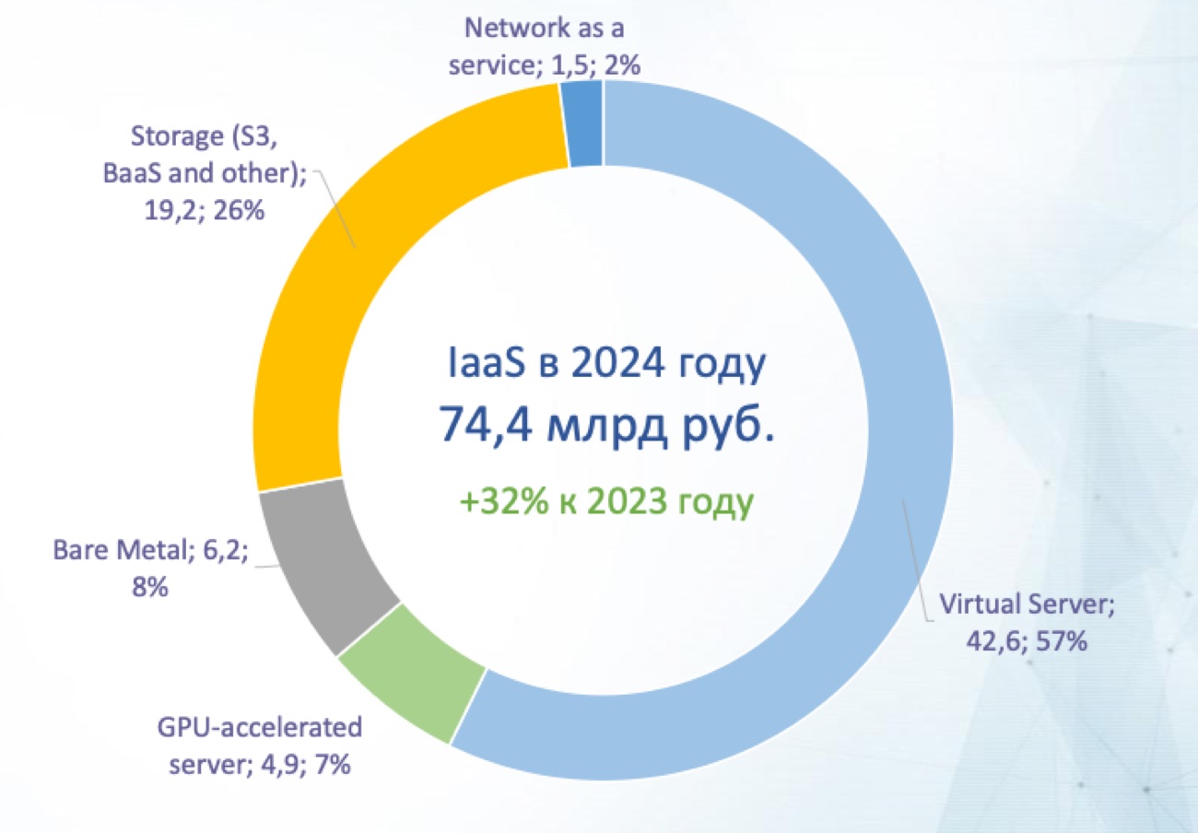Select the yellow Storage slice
click(304, 304)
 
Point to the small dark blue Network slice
click(585, 123)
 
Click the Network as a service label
click(545, 41)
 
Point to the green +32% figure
click(498, 503)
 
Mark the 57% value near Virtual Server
click(1059, 641)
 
